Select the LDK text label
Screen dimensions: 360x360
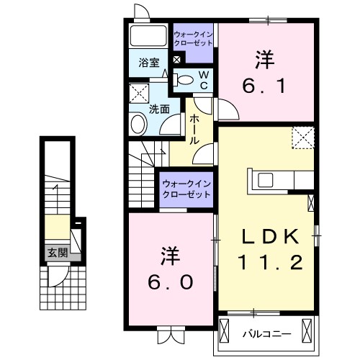[270, 235]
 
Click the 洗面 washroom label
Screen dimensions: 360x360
[159, 109]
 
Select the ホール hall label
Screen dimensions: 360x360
[194, 132]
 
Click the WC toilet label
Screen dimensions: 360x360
[203, 78]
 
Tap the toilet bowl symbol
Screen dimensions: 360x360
[185, 80]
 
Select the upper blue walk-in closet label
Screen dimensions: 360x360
[193, 38]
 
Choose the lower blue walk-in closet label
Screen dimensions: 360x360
[184, 189]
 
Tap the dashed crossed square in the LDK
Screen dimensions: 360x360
[302, 137]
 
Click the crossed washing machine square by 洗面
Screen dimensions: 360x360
[138, 93]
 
